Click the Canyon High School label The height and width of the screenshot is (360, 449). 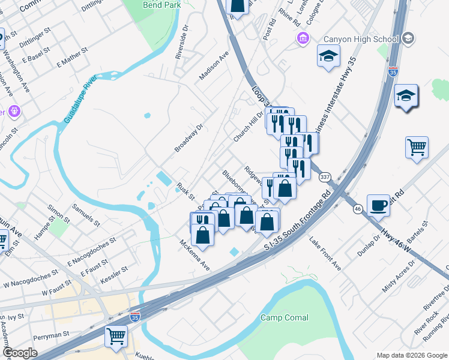point(361,40)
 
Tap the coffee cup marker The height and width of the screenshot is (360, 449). point(378,205)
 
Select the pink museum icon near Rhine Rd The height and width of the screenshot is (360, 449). point(304,39)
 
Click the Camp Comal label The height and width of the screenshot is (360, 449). point(285,317)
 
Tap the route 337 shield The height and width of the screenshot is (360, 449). point(325,177)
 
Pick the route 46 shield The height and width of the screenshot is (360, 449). point(357,209)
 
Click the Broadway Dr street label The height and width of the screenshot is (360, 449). point(190,138)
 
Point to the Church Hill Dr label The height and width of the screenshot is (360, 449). point(249,127)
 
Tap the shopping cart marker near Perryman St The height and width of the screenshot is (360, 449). point(116,335)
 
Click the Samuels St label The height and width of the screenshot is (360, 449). point(86,213)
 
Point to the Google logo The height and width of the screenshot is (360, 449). point(20,353)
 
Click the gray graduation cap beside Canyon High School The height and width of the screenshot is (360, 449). point(408,39)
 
